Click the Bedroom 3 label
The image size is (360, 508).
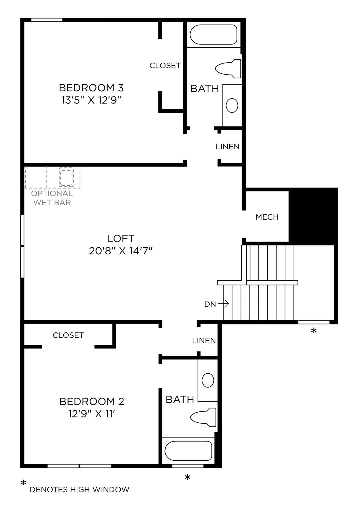[x=91, y=88]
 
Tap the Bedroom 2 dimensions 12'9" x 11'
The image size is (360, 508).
[x=92, y=414]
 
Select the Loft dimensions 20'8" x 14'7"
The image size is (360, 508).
[x=121, y=251]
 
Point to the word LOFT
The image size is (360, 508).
[x=121, y=238]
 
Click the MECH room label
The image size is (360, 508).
[x=267, y=217]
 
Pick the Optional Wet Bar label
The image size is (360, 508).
[x=52, y=198]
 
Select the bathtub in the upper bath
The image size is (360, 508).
[x=213, y=34]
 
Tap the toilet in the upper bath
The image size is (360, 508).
[x=228, y=68]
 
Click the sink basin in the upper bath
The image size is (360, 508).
[x=232, y=105]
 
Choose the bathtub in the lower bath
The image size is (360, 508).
[x=188, y=451]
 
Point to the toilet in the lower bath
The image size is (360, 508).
[x=203, y=417]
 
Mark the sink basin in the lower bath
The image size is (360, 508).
[x=208, y=380]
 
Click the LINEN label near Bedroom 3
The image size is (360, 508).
[x=227, y=147]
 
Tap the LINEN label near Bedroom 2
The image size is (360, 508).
[x=204, y=341]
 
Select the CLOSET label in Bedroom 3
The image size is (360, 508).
[x=165, y=66]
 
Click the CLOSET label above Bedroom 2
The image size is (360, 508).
[x=68, y=335]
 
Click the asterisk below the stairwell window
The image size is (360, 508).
[x=314, y=331]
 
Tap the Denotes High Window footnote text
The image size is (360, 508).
[x=79, y=490]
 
